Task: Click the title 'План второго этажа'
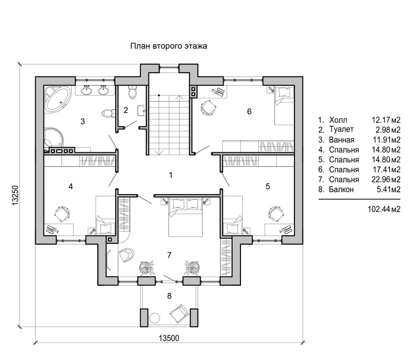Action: (x=169, y=46)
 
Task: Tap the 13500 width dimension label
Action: (x=169, y=338)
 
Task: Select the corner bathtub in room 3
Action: (x=58, y=99)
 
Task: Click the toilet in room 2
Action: (x=132, y=92)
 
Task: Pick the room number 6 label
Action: (x=249, y=112)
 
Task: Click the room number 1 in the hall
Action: (x=171, y=175)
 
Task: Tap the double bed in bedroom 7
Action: (x=185, y=217)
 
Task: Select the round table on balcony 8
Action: (x=154, y=317)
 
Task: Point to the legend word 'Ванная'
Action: (x=341, y=140)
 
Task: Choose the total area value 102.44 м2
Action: (x=384, y=209)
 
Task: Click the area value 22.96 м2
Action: (x=386, y=179)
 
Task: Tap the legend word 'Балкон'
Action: (x=341, y=189)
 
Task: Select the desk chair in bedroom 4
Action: (x=62, y=214)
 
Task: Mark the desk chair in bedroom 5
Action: (x=276, y=214)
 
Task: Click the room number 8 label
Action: (x=169, y=296)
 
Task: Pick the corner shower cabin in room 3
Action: (x=53, y=138)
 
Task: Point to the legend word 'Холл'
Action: (x=338, y=120)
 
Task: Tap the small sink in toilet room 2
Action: (x=141, y=110)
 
